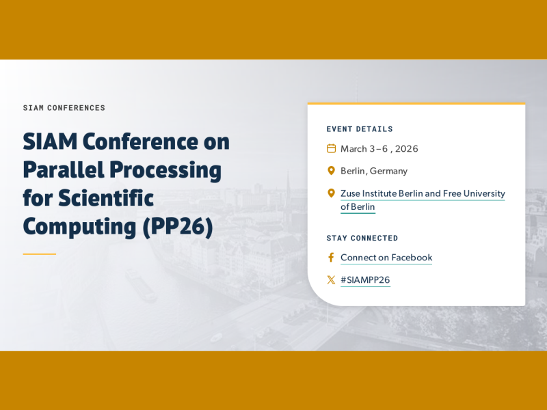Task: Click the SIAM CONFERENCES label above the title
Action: tap(64, 108)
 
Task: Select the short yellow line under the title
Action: tap(39, 254)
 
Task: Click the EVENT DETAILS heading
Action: tap(360, 129)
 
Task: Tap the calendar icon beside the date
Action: tap(331, 148)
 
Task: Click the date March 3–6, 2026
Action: tap(379, 149)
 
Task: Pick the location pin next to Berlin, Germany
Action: tap(331, 171)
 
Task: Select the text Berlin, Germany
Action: tap(374, 171)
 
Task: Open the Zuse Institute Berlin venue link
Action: tap(422, 194)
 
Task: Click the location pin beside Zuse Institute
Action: tap(331, 193)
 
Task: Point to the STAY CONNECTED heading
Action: tap(362, 238)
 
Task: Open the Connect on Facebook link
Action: tap(386, 258)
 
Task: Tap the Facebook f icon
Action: tap(331, 258)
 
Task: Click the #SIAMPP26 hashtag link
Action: tap(365, 279)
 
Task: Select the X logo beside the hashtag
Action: tap(331, 279)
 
